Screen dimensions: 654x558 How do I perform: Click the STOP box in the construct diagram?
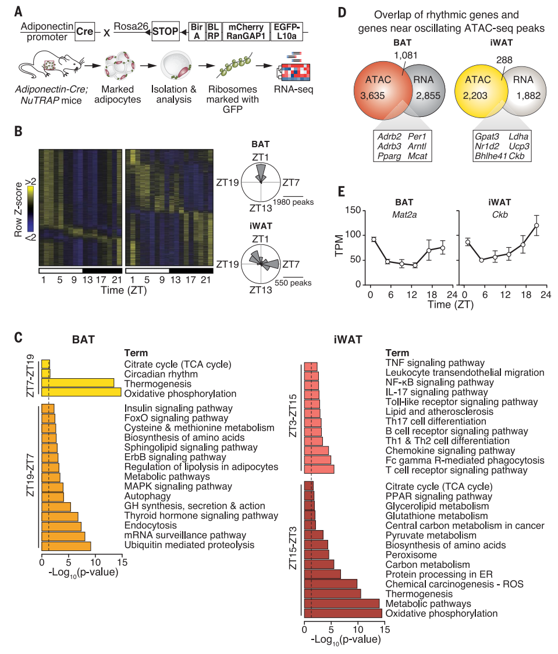(166, 31)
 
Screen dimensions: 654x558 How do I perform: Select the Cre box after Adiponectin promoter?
(86, 31)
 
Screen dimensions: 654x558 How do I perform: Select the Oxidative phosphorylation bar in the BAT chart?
(81, 393)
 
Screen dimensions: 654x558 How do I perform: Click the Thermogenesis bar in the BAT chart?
(78, 383)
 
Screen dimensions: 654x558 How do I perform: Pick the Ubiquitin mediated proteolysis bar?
(66, 545)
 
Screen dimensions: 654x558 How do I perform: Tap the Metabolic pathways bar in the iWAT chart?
(342, 603)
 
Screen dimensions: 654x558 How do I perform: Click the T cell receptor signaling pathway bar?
(319, 469)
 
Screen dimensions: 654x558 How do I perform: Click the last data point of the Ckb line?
(536, 225)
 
